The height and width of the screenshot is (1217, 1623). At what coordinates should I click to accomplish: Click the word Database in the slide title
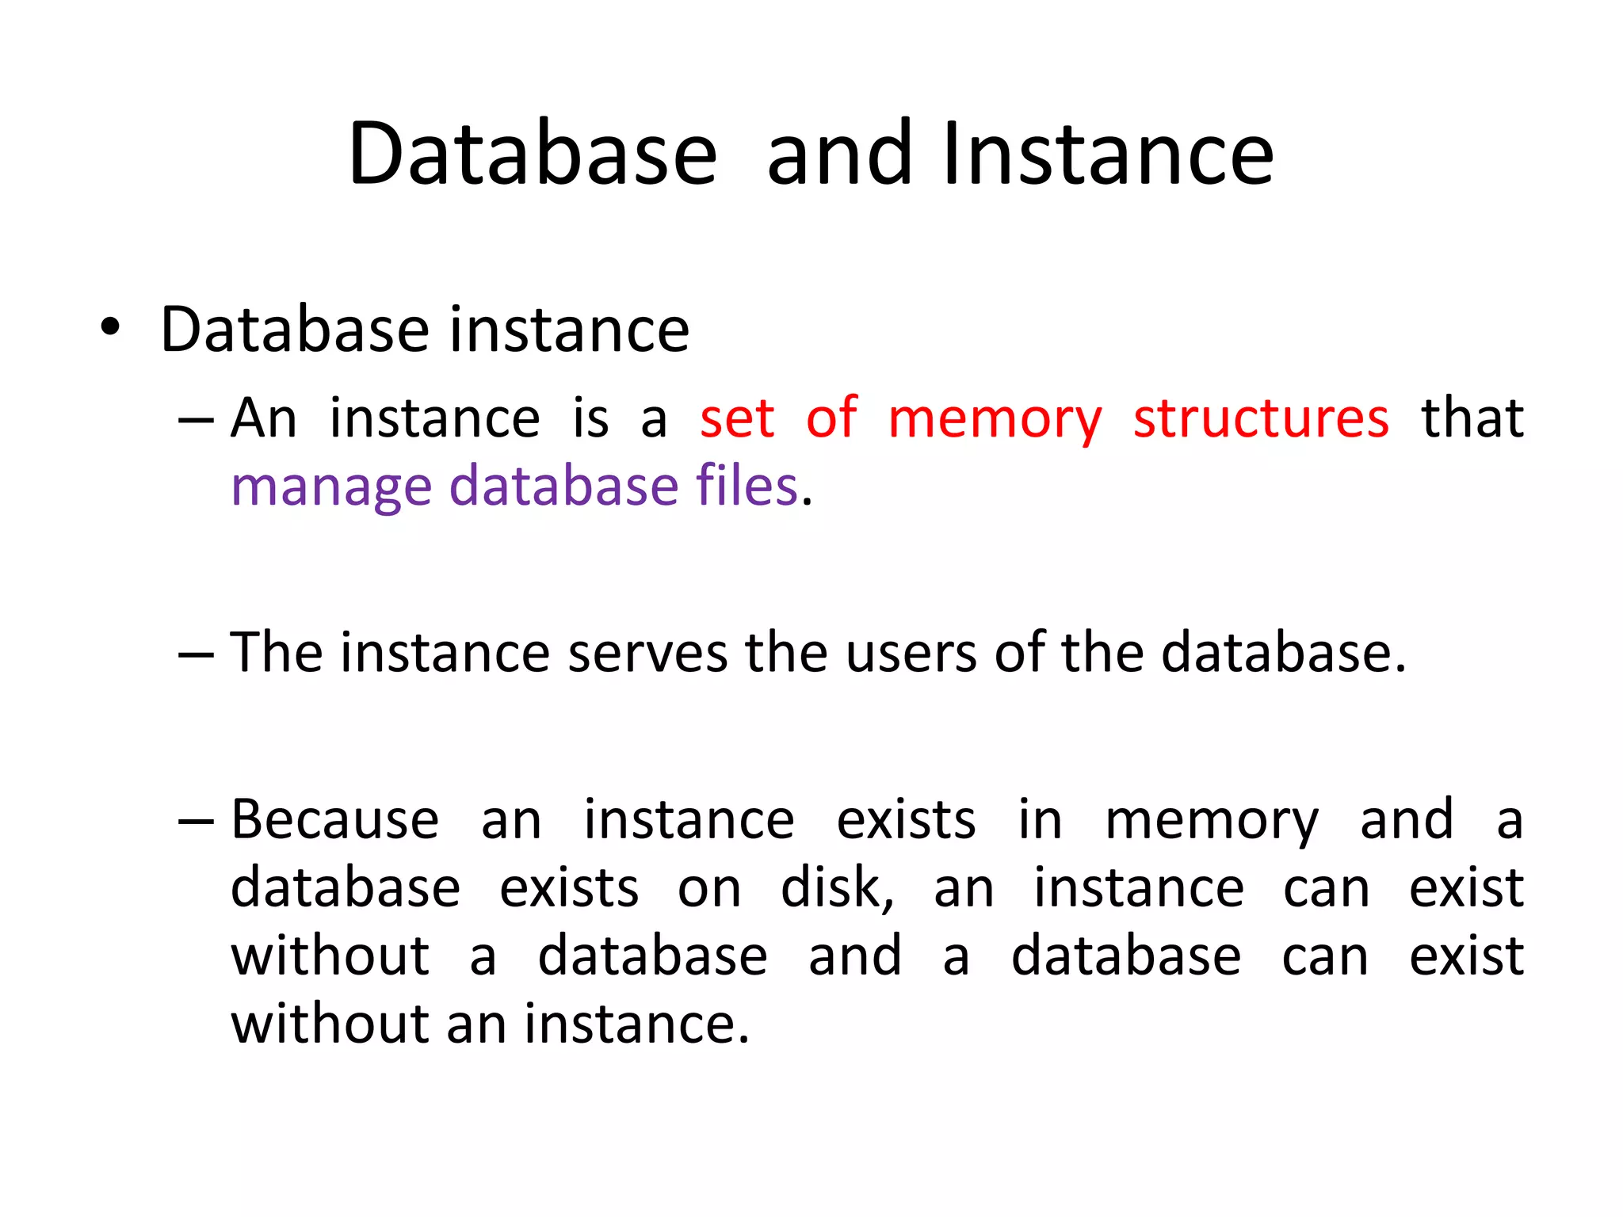533,154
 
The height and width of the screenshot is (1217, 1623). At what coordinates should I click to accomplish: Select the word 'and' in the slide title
840,154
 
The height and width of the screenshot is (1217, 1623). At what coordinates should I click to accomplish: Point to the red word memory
995,420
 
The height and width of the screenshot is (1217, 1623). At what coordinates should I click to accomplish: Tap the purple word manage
330,487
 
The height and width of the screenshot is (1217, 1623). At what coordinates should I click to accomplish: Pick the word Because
334,819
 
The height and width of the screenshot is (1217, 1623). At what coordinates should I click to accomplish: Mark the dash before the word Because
196,821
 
